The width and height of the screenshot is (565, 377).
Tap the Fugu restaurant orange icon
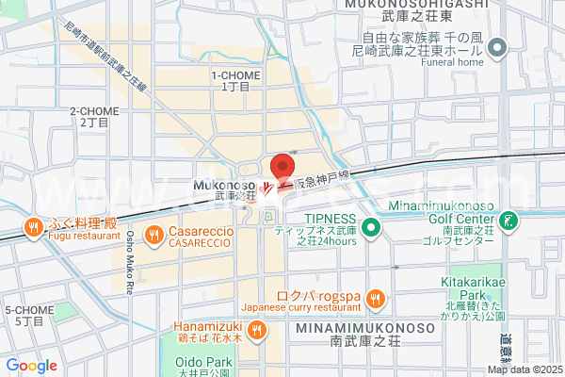click(x=32, y=226)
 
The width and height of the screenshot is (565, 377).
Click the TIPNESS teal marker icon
click(x=371, y=226)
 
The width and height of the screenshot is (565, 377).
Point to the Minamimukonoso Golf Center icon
click(x=508, y=221)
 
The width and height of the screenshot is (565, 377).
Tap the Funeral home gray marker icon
click(x=500, y=44)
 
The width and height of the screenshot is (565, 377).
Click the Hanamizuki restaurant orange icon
click(x=258, y=329)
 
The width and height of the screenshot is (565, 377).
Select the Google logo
click(x=31, y=365)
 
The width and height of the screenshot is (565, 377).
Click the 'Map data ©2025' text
click(x=524, y=369)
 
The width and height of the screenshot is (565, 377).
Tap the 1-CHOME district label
click(x=235, y=80)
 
